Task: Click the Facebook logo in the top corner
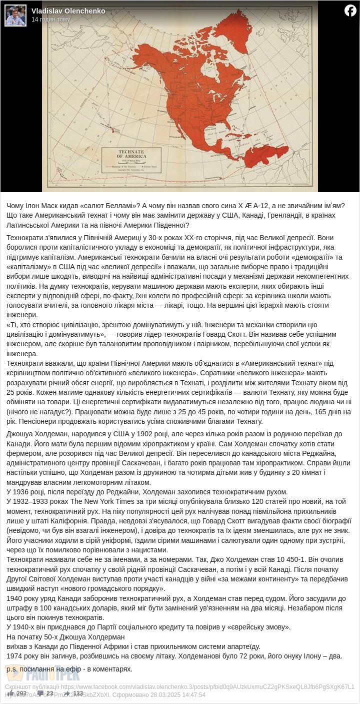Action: point(350,11)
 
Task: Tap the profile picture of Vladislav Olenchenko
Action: point(15,16)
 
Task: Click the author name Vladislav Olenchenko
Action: point(68,11)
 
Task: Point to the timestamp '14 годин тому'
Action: point(51,20)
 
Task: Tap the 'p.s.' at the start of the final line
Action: point(12,669)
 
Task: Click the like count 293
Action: point(21,693)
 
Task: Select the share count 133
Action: point(77,693)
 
